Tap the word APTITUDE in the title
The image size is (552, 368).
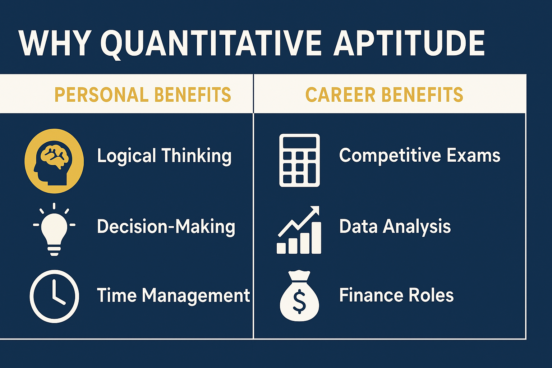pos(409,43)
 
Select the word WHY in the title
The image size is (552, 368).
pos(55,43)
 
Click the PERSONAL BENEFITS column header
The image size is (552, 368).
pos(143,95)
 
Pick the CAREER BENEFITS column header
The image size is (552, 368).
pos(384,95)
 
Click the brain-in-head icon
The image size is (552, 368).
pos(54,161)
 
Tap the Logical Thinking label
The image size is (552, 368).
pos(164,156)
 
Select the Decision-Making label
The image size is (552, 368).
pos(166,227)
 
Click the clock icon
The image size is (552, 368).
pos(54,296)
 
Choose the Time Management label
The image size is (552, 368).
pos(173,295)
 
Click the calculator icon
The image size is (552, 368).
pos(299,160)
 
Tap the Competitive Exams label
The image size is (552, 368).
pos(419,155)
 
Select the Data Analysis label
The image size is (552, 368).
pos(395,226)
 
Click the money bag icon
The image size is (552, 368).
pos(299,296)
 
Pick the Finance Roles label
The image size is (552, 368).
pos(396,295)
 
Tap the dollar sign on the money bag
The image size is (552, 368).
pos(299,302)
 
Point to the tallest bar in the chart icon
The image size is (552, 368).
pos(316,238)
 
